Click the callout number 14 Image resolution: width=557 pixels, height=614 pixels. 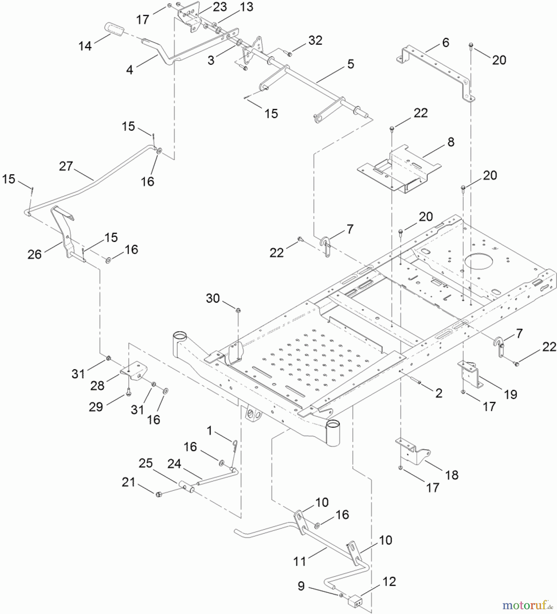[x=85, y=46]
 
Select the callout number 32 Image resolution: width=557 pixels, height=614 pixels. [x=315, y=40]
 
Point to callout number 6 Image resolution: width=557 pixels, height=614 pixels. [x=445, y=43]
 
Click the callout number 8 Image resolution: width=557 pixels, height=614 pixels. [x=451, y=142]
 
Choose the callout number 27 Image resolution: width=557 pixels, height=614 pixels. [x=66, y=166]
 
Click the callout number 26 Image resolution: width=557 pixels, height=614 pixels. [x=34, y=254]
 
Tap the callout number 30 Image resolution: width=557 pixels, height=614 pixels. [x=212, y=298]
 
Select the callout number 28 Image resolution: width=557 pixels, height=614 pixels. [x=97, y=385]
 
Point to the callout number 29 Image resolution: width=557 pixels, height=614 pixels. [x=96, y=407]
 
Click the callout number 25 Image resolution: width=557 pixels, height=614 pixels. [x=146, y=463]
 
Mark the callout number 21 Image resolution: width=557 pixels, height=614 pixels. [x=129, y=482]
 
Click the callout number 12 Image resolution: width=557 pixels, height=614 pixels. [x=389, y=581]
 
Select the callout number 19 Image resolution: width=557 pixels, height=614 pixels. [x=510, y=394]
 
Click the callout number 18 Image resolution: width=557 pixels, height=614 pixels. [x=452, y=475]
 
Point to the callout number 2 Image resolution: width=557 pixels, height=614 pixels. [x=439, y=393]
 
